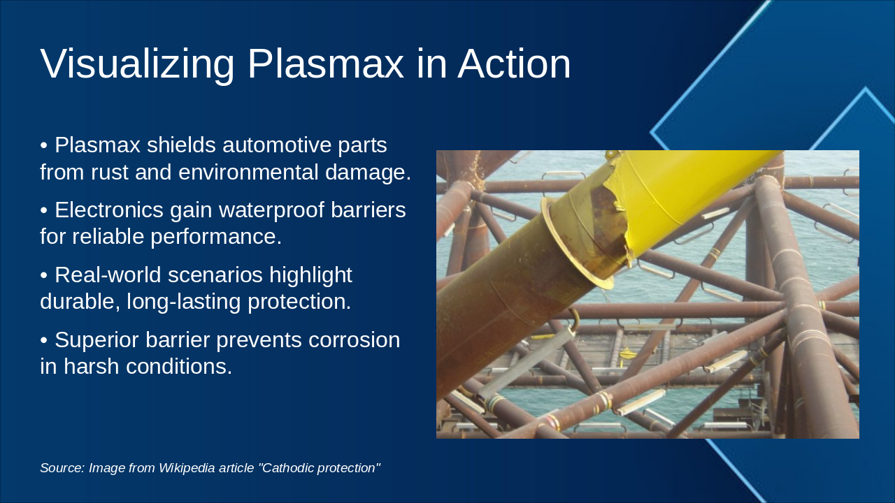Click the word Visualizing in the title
point(137,64)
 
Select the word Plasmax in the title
point(325,64)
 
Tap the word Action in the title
point(514,64)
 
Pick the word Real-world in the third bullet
point(108,275)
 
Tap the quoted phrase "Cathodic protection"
point(319,468)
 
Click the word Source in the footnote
point(62,468)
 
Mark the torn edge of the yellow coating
point(619,210)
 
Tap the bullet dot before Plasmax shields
point(44,145)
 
